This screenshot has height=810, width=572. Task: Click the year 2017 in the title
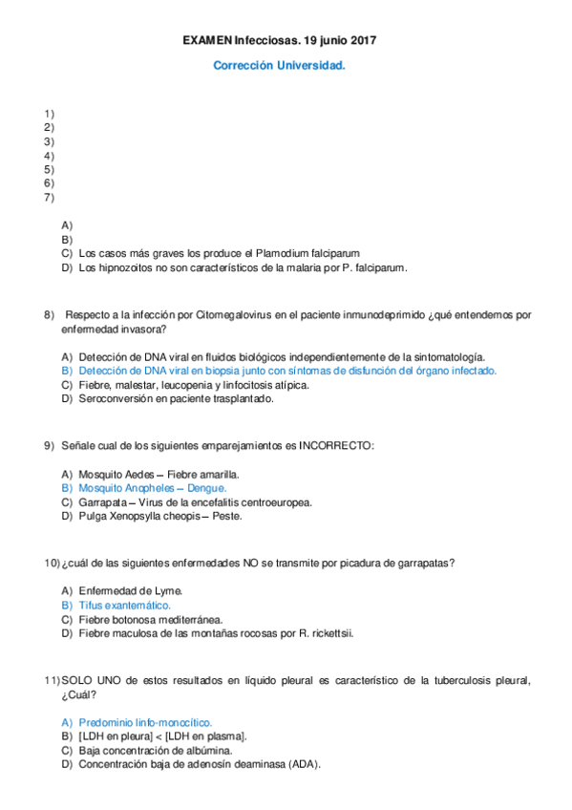pos(358,41)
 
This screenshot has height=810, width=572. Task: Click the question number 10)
pos(53,564)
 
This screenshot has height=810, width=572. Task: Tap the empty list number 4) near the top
pos(50,155)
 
